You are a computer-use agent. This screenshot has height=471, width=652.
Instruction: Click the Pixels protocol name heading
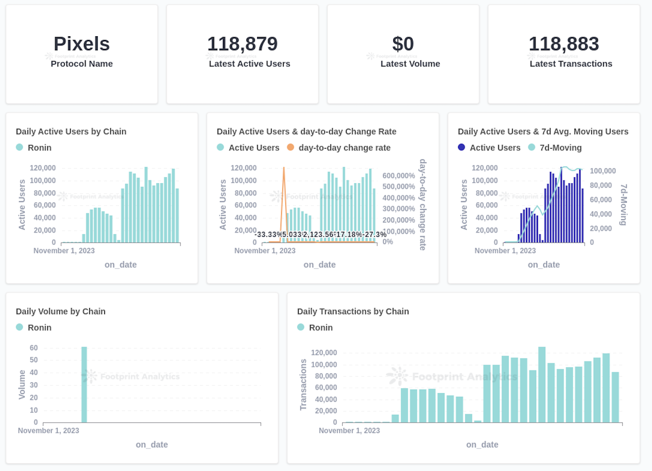(x=81, y=44)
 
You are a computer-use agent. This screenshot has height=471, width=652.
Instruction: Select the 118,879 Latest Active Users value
(x=242, y=44)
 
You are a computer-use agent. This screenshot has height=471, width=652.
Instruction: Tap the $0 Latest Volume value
(x=403, y=44)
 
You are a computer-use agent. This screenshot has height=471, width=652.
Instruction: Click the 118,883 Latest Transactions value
(x=564, y=44)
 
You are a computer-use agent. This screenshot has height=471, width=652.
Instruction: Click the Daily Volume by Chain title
(x=61, y=311)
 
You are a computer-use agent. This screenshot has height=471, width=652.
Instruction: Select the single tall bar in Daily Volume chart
(x=84, y=385)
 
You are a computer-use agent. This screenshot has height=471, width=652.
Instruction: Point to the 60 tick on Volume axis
(x=33, y=348)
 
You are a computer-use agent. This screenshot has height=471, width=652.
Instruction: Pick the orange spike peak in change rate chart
(x=284, y=168)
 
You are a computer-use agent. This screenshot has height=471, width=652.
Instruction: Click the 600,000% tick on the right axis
(x=399, y=176)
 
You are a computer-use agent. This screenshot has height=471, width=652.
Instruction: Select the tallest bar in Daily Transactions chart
(x=542, y=384)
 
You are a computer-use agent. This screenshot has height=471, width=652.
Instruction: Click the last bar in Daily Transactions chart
(x=615, y=397)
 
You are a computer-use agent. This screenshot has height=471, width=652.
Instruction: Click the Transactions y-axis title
(x=303, y=385)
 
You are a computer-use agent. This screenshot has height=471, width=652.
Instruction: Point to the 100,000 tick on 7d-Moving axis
(x=603, y=171)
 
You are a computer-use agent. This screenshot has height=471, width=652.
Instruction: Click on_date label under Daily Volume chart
(x=152, y=445)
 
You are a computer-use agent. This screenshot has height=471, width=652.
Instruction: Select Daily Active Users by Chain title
(x=71, y=132)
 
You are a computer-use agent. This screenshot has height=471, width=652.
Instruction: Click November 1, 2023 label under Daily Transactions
(x=349, y=431)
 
